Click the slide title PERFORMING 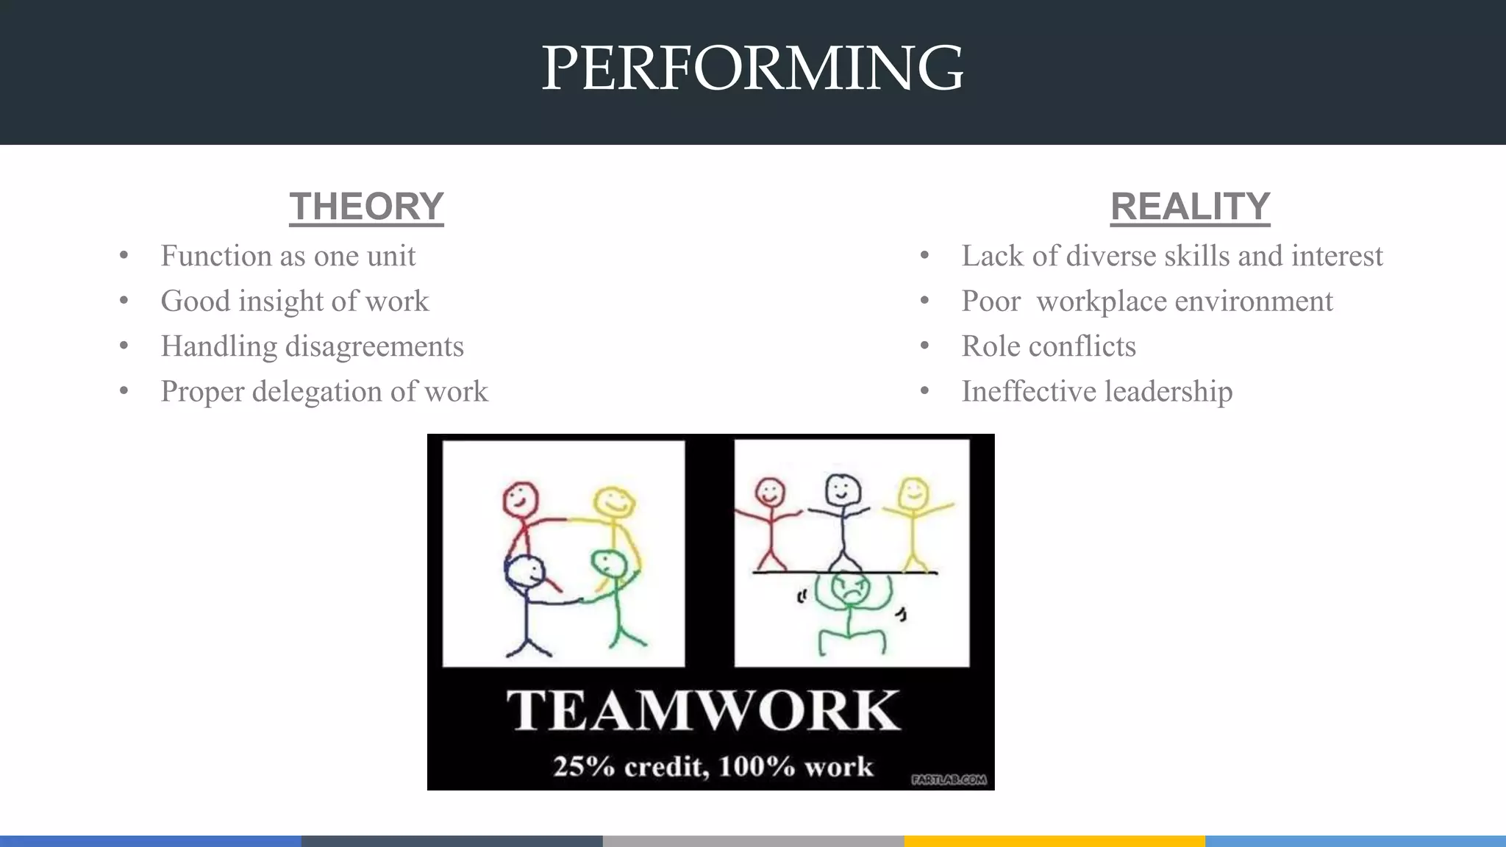pyautogui.click(x=752, y=68)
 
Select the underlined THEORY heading pyautogui.click(x=366, y=207)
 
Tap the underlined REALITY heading pyautogui.click(x=1190, y=207)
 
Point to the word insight pyautogui.click(x=280, y=301)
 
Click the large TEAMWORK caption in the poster pyautogui.click(x=703, y=710)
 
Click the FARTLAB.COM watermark pyautogui.click(x=949, y=779)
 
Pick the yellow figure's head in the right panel pyautogui.click(x=913, y=493)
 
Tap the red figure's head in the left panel pyautogui.click(x=521, y=500)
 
